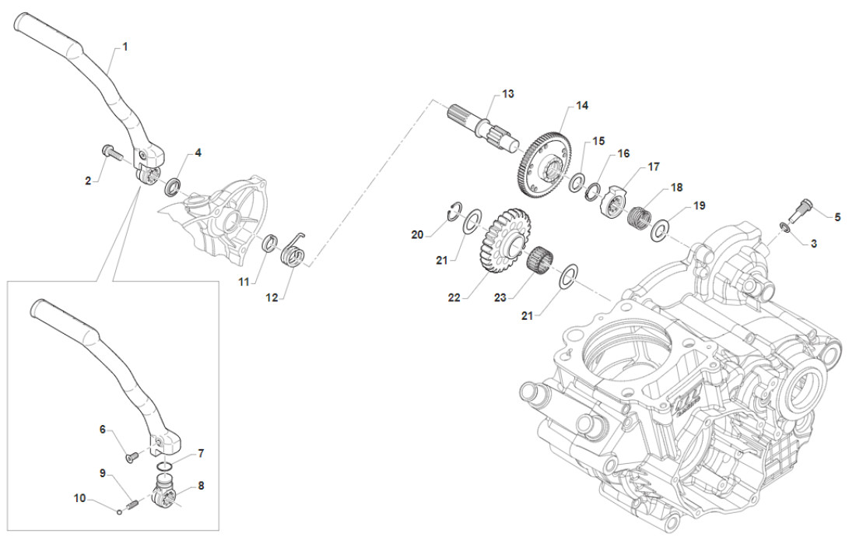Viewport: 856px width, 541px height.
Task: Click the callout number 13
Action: [508, 94]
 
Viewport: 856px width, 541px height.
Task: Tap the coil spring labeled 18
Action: [639, 214]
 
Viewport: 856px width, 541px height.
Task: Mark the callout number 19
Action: [699, 206]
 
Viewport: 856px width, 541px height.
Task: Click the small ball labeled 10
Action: [118, 511]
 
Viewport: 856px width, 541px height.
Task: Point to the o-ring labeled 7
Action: [163, 467]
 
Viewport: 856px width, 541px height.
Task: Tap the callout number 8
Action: [201, 485]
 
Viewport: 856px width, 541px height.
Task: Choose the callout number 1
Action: [125, 47]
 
